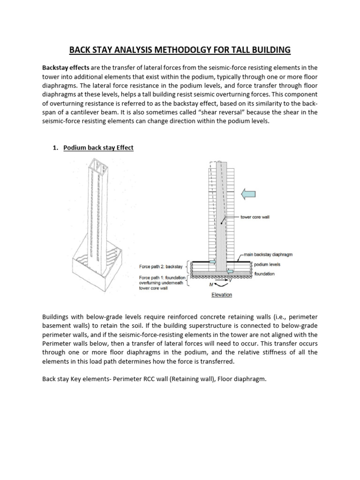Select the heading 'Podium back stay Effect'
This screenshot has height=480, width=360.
pos(98,148)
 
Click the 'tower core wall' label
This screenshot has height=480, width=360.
pos(255,217)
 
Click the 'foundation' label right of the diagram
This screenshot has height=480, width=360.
pos(264,273)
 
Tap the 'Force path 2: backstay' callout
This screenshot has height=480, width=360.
pos(160,267)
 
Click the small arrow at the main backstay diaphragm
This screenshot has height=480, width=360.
pos(212,262)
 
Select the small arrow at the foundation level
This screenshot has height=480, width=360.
pos(229,271)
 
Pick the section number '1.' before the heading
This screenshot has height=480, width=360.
pos(55,148)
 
